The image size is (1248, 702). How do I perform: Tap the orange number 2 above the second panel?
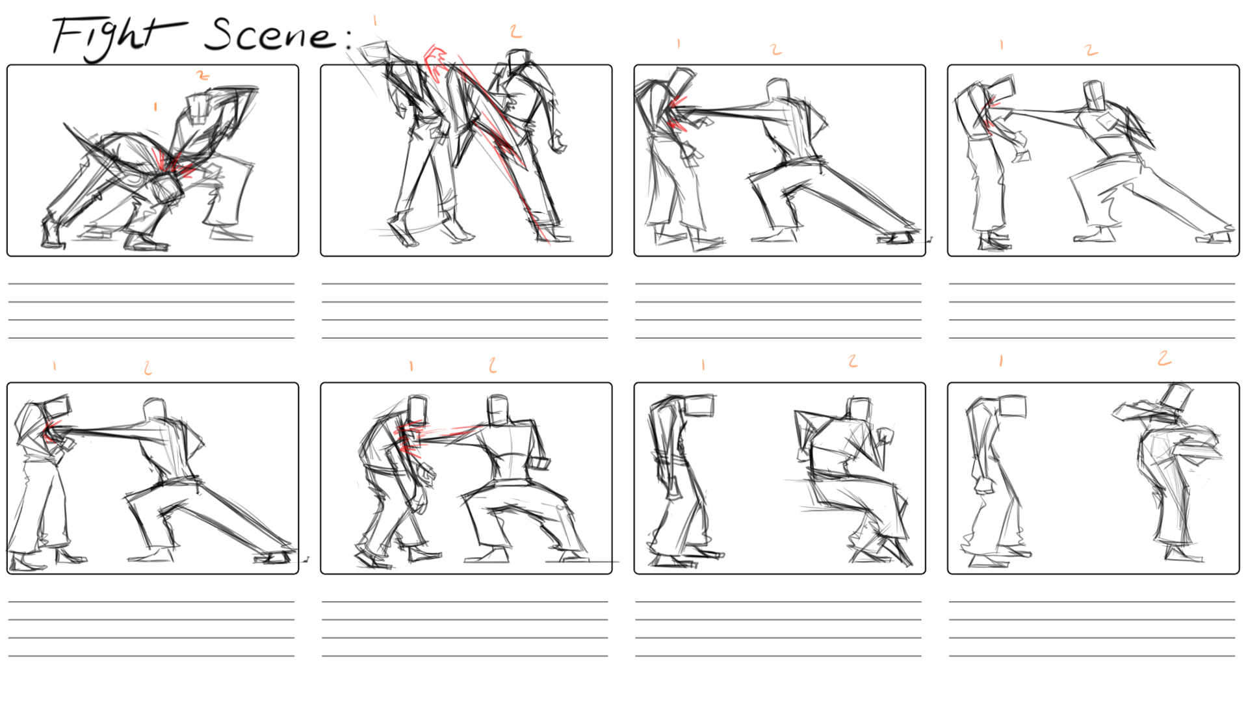[x=515, y=31]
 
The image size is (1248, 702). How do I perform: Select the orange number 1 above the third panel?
[x=679, y=44]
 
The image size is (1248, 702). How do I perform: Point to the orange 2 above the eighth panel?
[x=1164, y=358]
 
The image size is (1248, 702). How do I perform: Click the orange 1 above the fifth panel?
[x=55, y=367]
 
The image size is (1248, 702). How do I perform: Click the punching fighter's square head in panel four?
[x=1093, y=96]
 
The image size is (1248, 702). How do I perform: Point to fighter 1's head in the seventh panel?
[x=699, y=406]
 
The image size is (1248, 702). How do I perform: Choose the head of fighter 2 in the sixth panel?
[x=498, y=409]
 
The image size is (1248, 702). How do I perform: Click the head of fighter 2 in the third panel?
[x=778, y=90]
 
